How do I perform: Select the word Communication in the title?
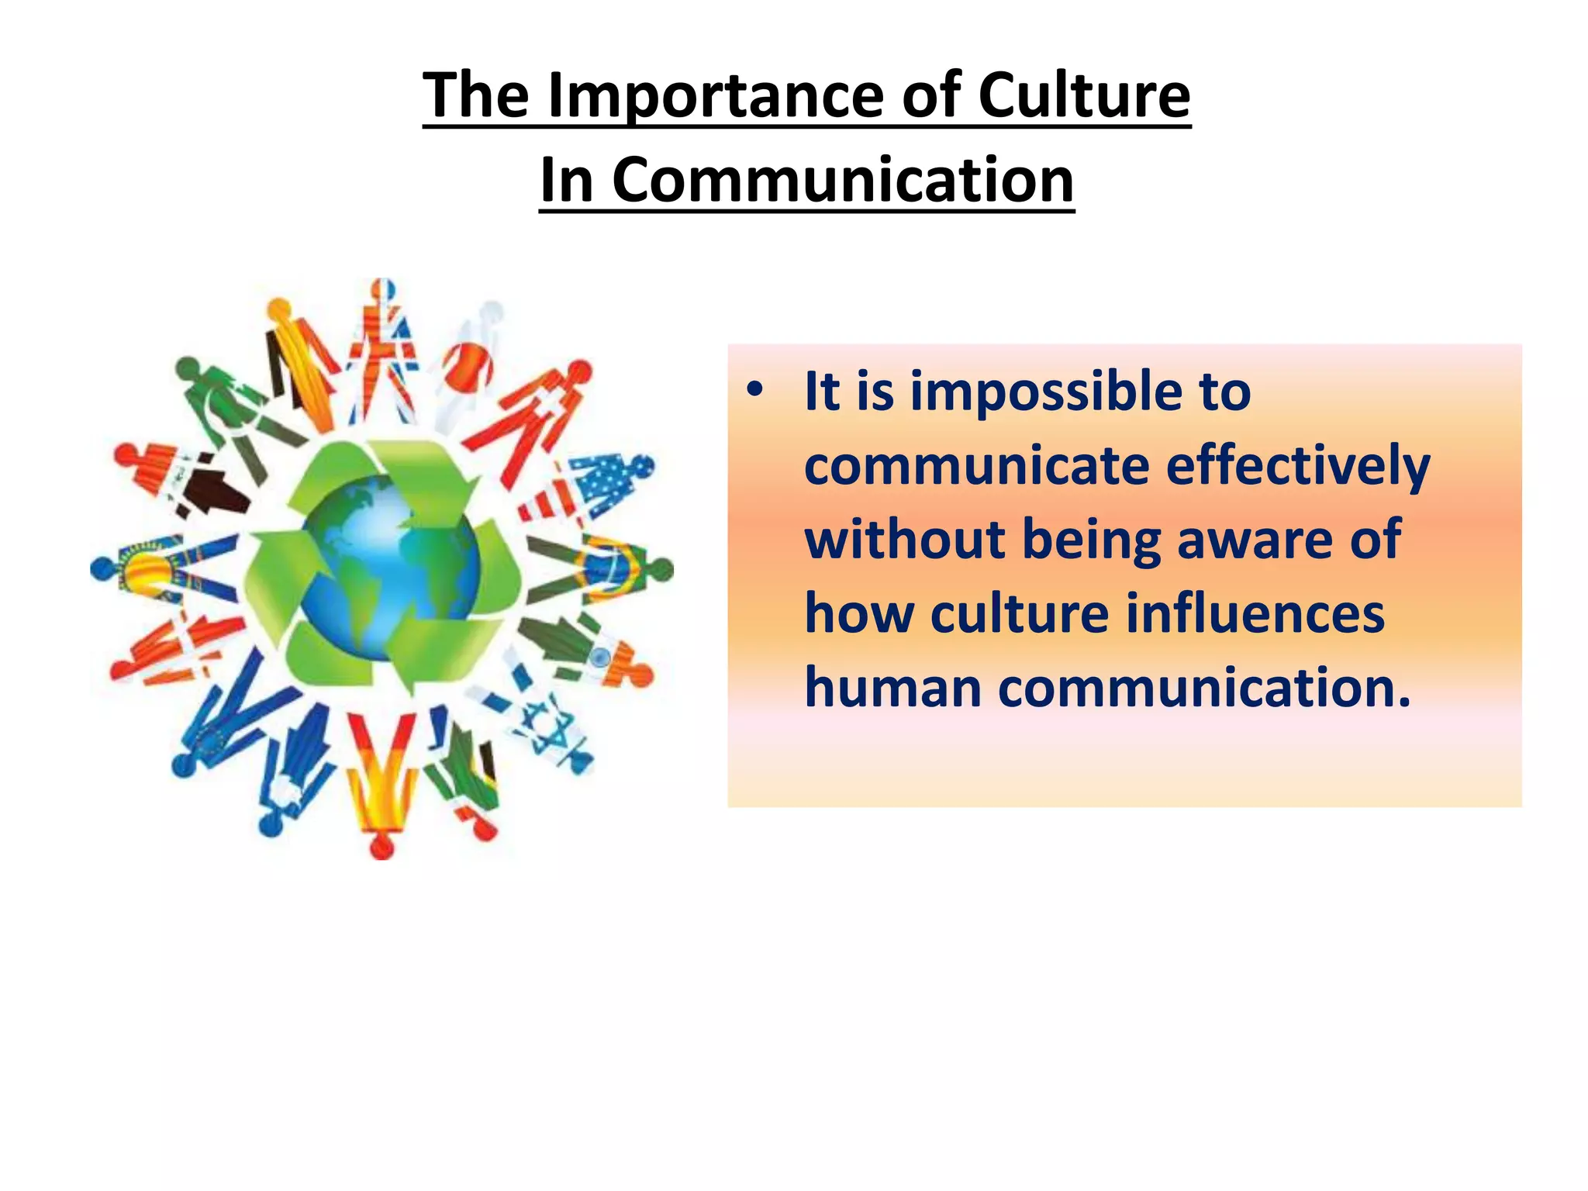pos(843,180)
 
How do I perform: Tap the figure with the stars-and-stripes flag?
pos(589,484)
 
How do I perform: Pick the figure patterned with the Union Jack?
pos(385,349)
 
